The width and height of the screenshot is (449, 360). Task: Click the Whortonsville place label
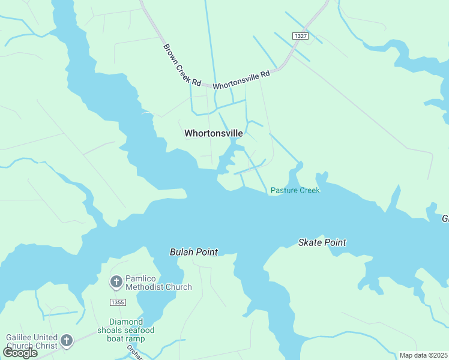[x=213, y=133]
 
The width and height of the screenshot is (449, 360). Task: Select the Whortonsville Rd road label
[x=241, y=78]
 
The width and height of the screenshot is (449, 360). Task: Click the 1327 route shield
[x=301, y=37]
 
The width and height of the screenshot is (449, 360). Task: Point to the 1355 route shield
[x=118, y=302]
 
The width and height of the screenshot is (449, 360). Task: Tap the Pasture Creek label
[x=295, y=190]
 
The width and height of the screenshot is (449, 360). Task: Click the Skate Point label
[x=322, y=242]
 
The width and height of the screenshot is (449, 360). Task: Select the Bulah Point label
[x=193, y=252]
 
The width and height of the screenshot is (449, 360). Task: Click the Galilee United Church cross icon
[x=67, y=341]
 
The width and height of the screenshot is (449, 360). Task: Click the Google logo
[x=20, y=353]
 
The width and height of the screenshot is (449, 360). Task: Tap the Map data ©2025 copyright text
[x=423, y=355]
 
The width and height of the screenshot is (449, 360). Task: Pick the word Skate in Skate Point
[x=310, y=242]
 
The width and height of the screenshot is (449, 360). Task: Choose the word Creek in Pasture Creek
[x=309, y=190]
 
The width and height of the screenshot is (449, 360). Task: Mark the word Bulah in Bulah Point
[x=181, y=252]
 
